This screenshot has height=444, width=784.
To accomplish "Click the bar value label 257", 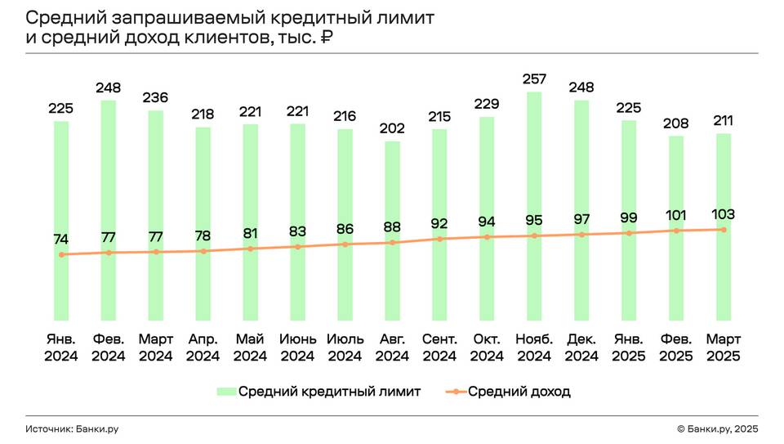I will [x=534, y=79].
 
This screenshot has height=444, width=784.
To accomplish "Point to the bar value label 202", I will [x=392, y=128].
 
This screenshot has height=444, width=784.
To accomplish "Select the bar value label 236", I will [x=155, y=97].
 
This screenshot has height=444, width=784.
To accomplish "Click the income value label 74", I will [x=61, y=240].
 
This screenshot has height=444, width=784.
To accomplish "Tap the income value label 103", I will [x=724, y=214].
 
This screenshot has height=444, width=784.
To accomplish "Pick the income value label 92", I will [x=439, y=223].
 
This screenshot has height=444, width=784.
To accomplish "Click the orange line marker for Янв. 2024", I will [x=61, y=254].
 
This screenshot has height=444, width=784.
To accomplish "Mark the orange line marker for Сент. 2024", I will [x=439, y=239].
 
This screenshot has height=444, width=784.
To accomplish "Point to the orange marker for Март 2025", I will [x=724, y=230].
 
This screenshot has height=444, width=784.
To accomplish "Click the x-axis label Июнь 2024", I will [x=297, y=347].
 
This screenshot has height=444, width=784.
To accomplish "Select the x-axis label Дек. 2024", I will [x=581, y=347].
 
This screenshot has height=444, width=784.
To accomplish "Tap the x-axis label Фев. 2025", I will [x=676, y=347].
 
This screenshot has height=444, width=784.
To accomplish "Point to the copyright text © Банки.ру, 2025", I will [x=718, y=428].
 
